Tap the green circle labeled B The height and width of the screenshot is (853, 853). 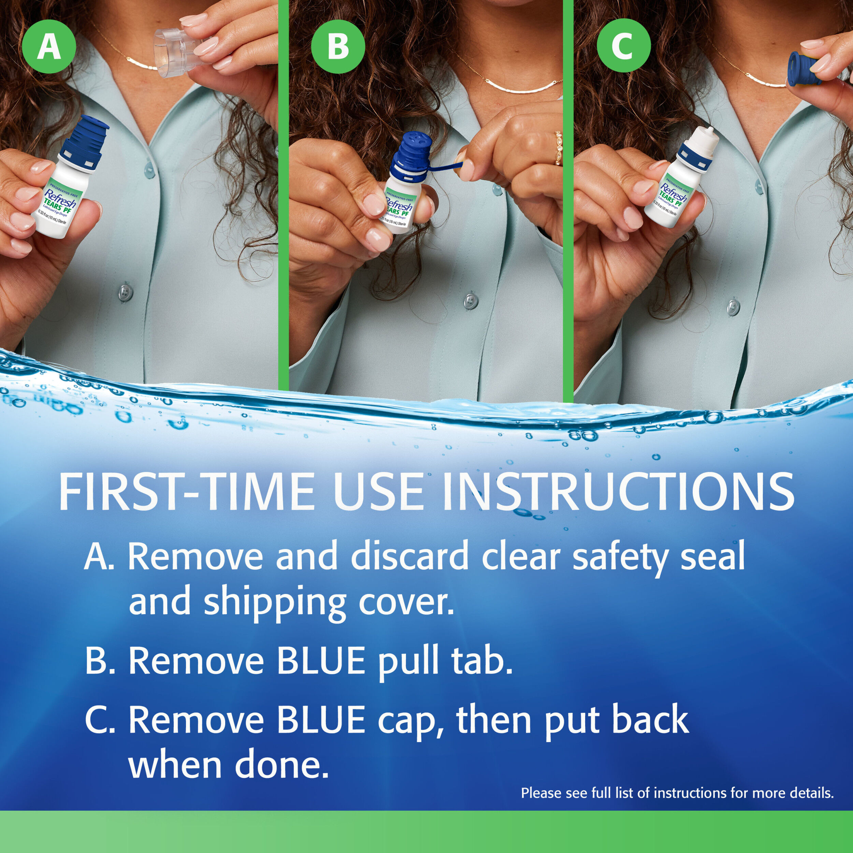(x=338, y=47)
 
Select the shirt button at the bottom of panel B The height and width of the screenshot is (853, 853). (x=471, y=302)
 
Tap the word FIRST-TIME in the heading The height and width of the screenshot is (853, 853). (x=185, y=492)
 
